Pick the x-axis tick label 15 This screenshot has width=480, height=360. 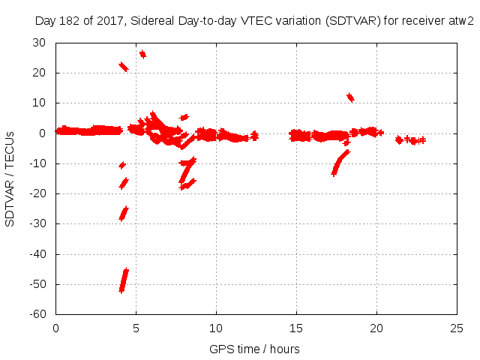[297, 328]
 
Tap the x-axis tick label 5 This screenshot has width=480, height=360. [136, 328]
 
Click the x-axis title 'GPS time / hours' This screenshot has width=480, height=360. [254, 349]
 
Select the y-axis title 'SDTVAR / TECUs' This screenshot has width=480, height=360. [10, 178]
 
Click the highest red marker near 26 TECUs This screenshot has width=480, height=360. [142, 54]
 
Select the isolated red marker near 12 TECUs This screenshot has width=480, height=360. [349, 97]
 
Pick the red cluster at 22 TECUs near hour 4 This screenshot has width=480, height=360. [124, 67]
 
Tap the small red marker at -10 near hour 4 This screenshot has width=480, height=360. [122, 164]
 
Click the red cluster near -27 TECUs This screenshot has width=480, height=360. [124, 213]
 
